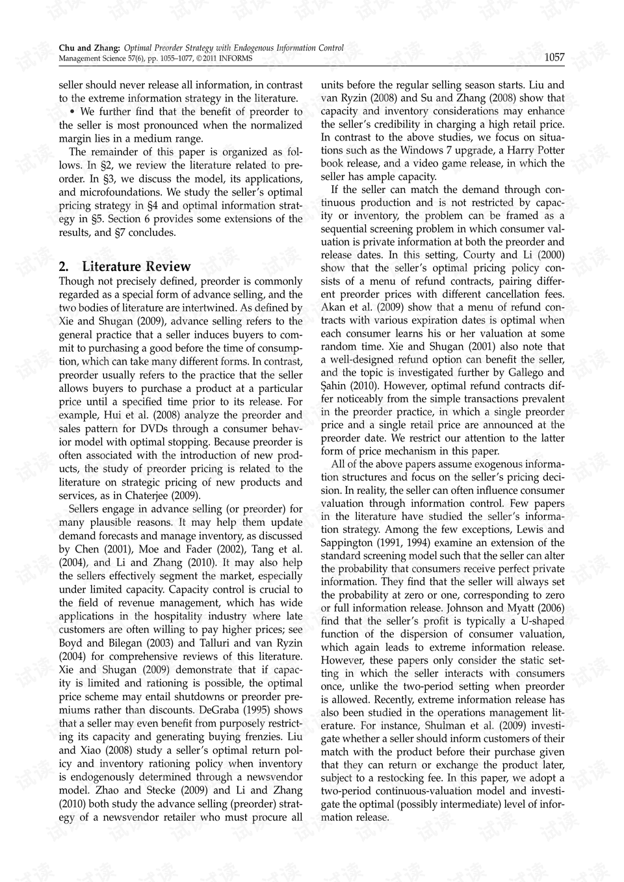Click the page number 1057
pyautogui.click(x=554, y=57)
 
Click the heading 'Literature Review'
pyautogui.click(x=136, y=266)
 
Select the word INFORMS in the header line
pyautogui.click(x=237, y=58)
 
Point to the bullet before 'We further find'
pyautogui.click(x=72, y=112)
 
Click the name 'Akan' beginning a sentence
pyautogui.click(x=333, y=307)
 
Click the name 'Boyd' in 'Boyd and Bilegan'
pyautogui.click(x=71, y=643)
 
